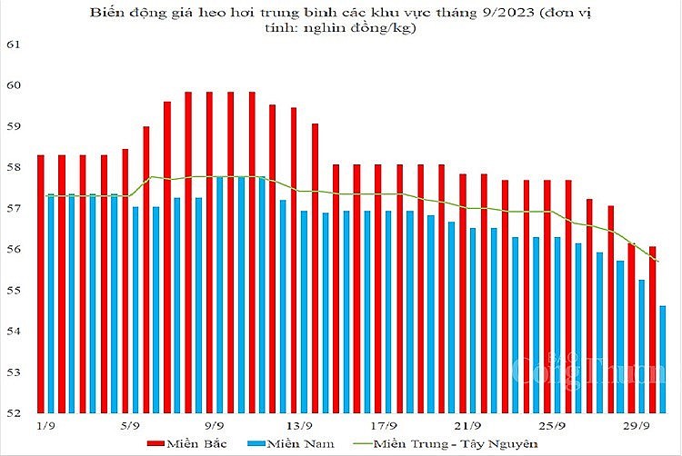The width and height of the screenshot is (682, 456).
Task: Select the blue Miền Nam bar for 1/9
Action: (51, 303)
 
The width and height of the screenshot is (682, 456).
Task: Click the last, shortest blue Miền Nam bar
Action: (663, 359)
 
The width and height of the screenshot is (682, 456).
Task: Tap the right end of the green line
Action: (658, 262)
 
